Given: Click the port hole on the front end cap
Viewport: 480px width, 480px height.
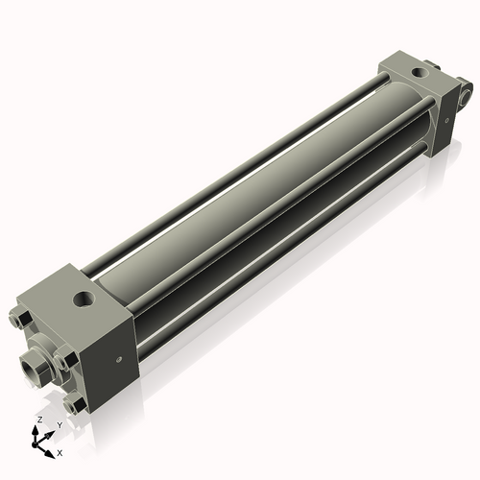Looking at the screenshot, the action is [84, 299].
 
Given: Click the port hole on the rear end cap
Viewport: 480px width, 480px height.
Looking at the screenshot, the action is [419, 73].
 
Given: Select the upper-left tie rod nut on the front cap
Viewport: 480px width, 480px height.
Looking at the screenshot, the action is [21, 318].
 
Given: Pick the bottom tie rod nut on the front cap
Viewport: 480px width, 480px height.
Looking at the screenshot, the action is [74, 405].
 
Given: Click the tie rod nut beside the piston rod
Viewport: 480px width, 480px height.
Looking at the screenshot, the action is [65, 361].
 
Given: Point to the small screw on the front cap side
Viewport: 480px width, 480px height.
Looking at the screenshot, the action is [119, 359].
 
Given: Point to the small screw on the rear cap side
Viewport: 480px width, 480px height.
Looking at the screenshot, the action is [447, 121].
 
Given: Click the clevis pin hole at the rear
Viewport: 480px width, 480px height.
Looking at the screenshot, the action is [466, 96].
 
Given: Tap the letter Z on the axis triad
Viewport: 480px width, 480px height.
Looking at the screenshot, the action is [39, 420].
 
